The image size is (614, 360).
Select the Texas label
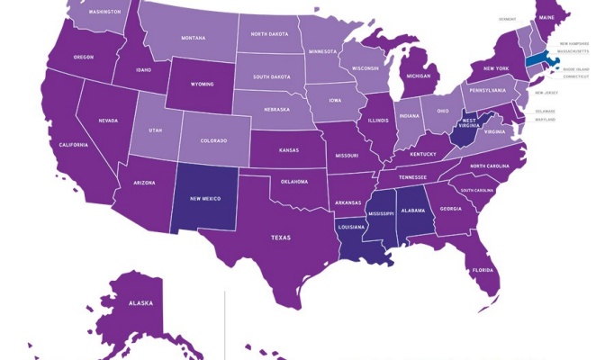pyautogui.click(x=281, y=238)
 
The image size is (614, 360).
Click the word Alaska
pyautogui.click(x=140, y=303)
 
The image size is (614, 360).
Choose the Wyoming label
pyautogui.click(x=203, y=85)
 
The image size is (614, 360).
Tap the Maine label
pyautogui.click(x=546, y=17)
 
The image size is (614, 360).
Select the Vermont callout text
pyautogui.click(x=509, y=19)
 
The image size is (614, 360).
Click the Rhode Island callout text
pyautogui.click(x=575, y=68)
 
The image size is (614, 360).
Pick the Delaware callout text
pyautogui.click(x=546, y=112)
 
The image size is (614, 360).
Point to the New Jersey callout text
pyautogui.click(x=546, y=93)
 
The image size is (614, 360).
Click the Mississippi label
pyautogui.click(x=381, y=214)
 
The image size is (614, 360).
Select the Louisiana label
pyautogui.click(x=350, y=227)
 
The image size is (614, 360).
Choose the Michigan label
pyautogui.click(x=419, y=76)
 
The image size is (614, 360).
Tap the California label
pyautogui.click(x=73, y=145)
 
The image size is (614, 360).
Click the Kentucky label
pyautogui.click(x=423, y=154)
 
